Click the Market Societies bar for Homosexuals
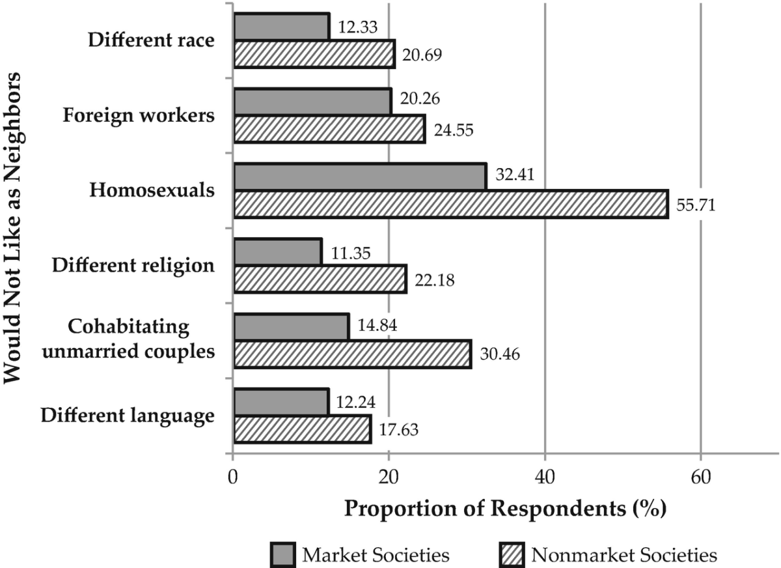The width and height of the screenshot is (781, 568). [x=359, y=177]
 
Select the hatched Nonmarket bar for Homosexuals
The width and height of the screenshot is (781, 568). [x=450, y=204]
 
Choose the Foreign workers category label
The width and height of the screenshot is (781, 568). [x=139, y=116]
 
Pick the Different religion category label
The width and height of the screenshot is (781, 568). [x=133, y=265]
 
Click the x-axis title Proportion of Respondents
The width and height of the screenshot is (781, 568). [x=504, y=507]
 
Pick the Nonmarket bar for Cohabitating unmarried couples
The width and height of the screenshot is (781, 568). [x=352, y=354]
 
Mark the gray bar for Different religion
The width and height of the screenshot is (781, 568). [x=277, y=251]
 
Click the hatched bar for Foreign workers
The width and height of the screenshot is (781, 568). [x=329, y=130]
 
